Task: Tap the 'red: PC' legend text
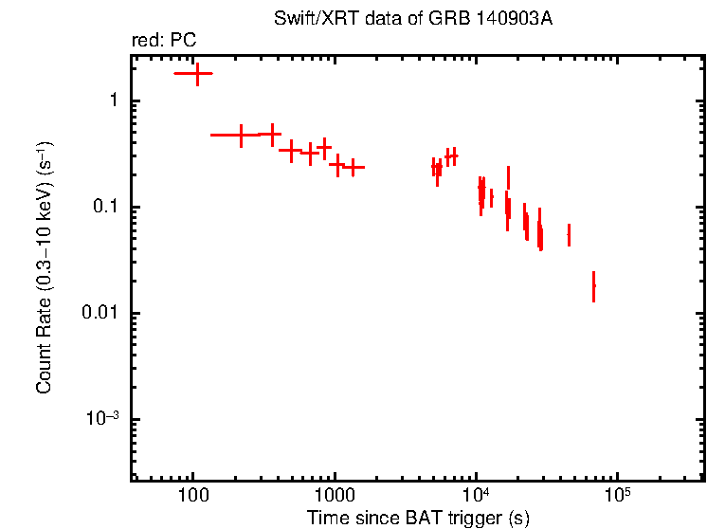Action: point(164,42)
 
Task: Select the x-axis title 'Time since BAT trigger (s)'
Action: point(418,518)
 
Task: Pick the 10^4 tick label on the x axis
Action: point(475,496)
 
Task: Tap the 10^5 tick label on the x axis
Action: point(617,496)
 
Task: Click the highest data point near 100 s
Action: point(197,73)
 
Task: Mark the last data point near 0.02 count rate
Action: point(594,285)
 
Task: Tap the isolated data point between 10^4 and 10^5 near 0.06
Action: point(569,233)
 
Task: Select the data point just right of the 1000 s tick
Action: point(336,165)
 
